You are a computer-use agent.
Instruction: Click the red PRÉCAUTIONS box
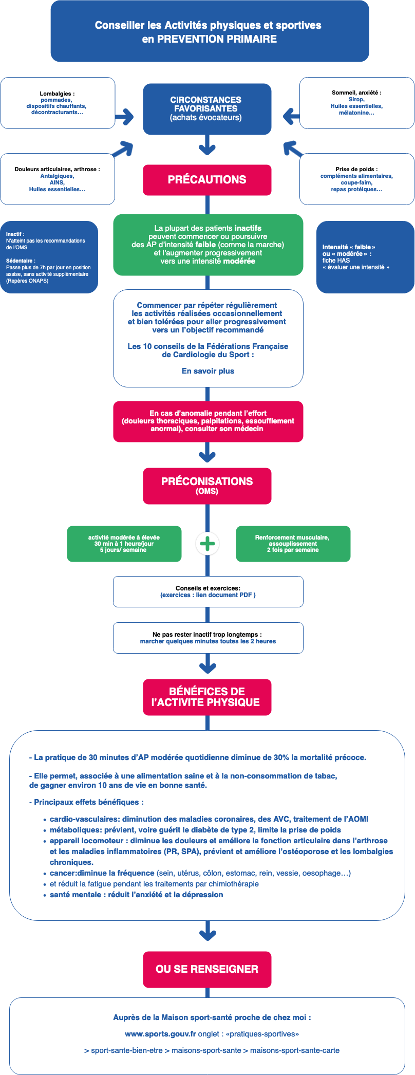[207, 180]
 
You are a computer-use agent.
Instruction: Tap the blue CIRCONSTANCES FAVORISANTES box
[207, 109]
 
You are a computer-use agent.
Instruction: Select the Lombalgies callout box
[58, 103]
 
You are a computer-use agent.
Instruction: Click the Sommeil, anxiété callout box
[356, 103]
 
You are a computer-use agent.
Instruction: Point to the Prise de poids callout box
[356, 179]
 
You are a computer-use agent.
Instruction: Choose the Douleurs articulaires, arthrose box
[58, 179]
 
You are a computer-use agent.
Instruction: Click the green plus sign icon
[207, 544]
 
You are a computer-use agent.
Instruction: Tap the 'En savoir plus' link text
[208, 371]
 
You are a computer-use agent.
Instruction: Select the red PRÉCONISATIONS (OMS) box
[207, 486]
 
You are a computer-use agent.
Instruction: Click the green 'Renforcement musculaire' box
[293, 544]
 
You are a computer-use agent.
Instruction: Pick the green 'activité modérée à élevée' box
[124, 544]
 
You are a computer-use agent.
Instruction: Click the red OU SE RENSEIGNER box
[207, 969]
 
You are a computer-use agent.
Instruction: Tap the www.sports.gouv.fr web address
[160, 1034]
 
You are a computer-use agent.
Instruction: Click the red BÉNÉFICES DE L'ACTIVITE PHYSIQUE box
[207, 697]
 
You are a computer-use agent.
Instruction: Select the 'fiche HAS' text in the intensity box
[336, 261]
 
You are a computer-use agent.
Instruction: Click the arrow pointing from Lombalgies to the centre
[124, 117]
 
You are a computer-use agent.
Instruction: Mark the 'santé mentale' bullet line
[136, 895]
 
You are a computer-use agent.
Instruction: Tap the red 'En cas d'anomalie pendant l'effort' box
[208, 421]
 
